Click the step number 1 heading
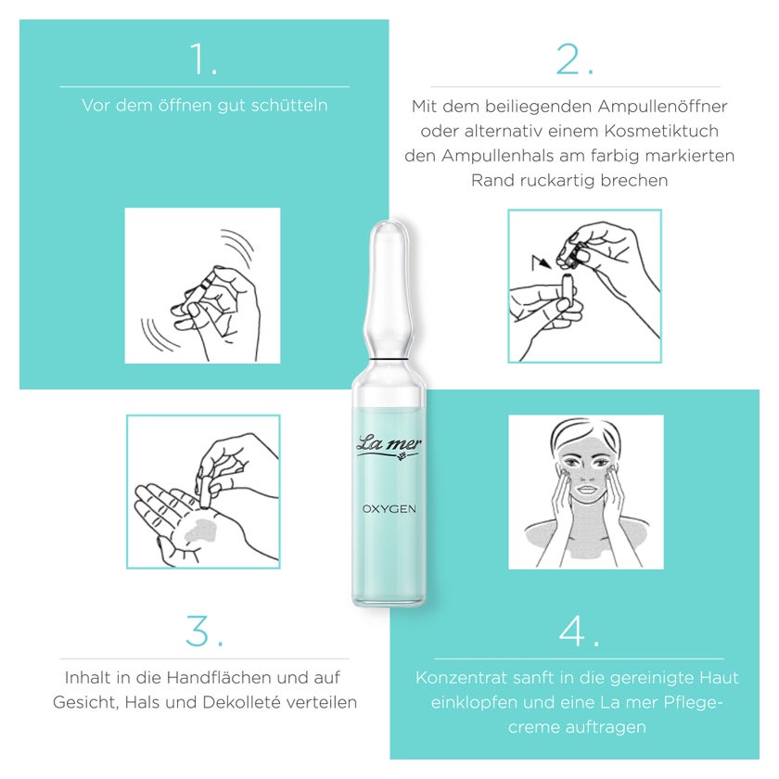[x=204, y=59]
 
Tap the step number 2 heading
[x=575, y=59]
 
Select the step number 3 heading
[x=204, y=631]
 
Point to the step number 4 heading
[x=579, y=631]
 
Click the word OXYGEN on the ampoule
[x=389, y=509]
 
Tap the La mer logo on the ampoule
[x=389, y=445]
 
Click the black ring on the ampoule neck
[x=389, y=358]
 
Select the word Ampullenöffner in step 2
[x=662, y=107]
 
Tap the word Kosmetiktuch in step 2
[x=661, y=131]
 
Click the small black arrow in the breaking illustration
[x=541, y=262]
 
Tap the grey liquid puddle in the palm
[x=200, y=530]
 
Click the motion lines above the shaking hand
[x=238, y=246]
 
